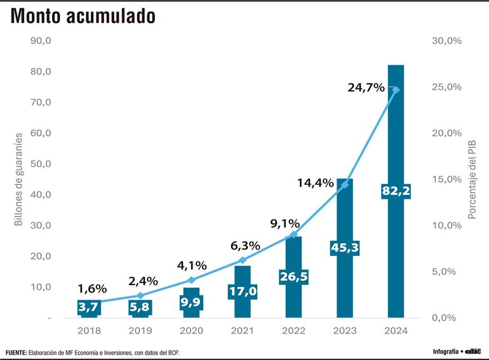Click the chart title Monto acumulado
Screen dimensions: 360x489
click(x=82, y=17)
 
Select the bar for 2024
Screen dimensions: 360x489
click(x=396, y=140)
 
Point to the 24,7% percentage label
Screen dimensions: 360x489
click(x=366, y=88)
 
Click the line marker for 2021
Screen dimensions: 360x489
click(x=242, y=260)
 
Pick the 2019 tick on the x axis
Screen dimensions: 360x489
click(x=140, y=331)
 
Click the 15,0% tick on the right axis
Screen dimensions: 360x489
click(x=446, y=179)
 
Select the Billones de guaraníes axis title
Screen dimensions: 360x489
click(x=18, y=179)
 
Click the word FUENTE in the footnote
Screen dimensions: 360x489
click(x=15, y=352)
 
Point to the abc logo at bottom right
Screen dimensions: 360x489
click(x=473, y=351)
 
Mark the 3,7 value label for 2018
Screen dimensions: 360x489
click(x=89, y=307)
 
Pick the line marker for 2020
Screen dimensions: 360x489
click(x=191, y=280)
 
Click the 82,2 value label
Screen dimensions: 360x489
click(x=396, y=190)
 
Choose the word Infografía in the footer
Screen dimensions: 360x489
click(x=446, y=351)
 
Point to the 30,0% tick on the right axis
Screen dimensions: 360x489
click(x=446, y=41)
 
